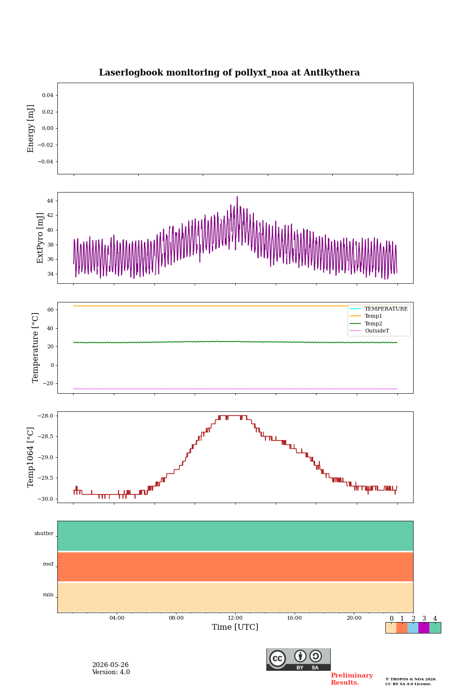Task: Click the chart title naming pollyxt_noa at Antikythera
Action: click(x=229, y=73)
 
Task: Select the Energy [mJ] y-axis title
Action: click(x=31, y=129)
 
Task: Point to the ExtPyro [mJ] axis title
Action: click(x=40, y=238)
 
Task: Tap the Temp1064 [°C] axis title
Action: click(x=31, y=457)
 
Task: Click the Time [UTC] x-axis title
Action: click(x=235, y=626)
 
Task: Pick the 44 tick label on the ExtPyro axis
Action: click(x=50, y=201)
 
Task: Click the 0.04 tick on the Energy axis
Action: click(x=48, y=95)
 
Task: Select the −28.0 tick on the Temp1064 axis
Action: click(x=45, y=416)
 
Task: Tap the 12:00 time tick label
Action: click(x=235, y=618)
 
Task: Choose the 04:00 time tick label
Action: click(x=117, y=618)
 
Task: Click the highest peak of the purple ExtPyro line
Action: click(x=237, y=196)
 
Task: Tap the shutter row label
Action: click(x=44, y=533)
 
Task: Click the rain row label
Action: click(x=48, y=594)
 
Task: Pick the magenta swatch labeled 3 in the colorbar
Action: click(x=424, y=627)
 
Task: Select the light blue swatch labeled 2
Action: click(x=413, y=627)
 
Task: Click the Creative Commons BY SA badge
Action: click(x=298, y=659)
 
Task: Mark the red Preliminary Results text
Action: click(x=352, y=679)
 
